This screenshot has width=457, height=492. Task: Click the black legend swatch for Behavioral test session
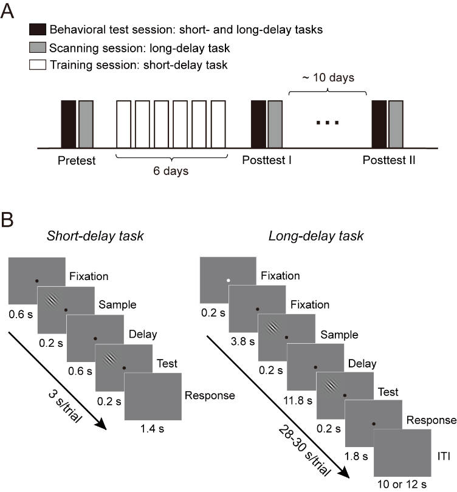pos(38,29)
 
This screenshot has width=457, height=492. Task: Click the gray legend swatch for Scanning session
pos(38,47)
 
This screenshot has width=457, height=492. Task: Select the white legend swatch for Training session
pos(38,64)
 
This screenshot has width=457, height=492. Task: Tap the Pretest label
pos(77,160)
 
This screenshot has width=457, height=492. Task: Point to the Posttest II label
pos(389,160)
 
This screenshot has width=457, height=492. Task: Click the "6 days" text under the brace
pos(171,171)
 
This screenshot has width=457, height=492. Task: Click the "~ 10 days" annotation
pos(328,78)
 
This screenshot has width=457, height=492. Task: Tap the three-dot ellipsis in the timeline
pos(328,123)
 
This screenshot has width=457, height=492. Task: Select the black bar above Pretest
pos(69,124)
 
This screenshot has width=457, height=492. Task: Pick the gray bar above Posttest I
pos(275,124)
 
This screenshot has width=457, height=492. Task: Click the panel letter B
pos(7,220)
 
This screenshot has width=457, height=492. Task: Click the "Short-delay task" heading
pos(95,236)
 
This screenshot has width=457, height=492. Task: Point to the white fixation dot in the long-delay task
pos(228,280)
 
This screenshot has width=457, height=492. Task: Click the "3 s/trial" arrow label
pos(65,406)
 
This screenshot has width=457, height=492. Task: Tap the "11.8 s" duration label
pos(298,400)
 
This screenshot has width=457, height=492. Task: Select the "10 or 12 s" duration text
pos(402,484)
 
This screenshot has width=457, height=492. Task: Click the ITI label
pos(444,456)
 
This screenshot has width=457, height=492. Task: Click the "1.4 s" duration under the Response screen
pos(152,429)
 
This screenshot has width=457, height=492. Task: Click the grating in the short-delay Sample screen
pos(52,301)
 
